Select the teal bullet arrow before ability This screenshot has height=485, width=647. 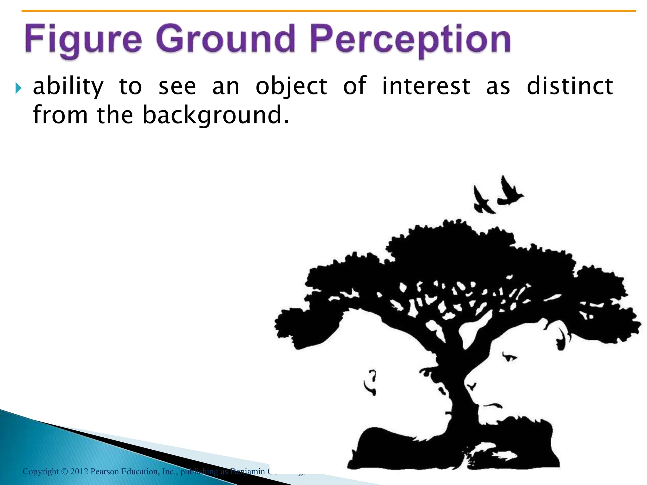18,89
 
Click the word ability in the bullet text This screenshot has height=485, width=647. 68,87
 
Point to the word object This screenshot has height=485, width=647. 291,87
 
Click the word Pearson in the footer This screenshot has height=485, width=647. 105,471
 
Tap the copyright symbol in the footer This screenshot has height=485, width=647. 64,472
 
